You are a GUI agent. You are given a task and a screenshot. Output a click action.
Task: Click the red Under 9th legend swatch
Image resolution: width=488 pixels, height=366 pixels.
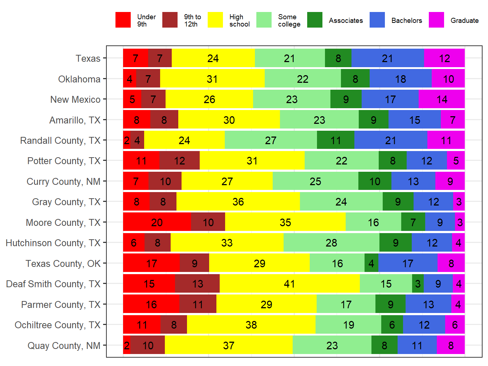point(123,20)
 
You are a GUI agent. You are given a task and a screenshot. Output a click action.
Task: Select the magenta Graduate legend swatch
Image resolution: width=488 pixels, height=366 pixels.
point(436,20)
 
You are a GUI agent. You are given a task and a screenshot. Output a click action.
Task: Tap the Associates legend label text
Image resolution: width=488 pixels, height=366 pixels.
point(346,21)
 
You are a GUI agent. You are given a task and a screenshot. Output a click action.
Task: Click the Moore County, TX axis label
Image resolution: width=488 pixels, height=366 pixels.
point(63,223)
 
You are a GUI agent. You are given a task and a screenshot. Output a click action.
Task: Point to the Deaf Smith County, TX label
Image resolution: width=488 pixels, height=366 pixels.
point(53,284)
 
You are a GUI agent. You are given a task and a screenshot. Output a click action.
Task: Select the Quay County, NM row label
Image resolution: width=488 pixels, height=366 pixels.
point(64,346)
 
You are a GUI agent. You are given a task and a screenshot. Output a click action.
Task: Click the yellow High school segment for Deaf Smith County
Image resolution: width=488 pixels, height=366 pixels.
point(289,284)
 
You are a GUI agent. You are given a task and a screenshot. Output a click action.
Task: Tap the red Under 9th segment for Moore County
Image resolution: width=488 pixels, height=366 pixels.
point(157,222)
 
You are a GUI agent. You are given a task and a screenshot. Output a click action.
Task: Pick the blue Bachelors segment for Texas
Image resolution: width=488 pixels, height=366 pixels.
point(387,58)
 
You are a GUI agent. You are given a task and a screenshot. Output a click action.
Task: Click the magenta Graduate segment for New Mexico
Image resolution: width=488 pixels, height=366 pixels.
point(442,99)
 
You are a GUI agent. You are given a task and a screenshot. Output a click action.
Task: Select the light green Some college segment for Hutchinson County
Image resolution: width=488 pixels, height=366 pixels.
point(331,243)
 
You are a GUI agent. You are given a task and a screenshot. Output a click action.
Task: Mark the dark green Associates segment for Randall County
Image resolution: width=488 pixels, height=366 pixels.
point(335,141)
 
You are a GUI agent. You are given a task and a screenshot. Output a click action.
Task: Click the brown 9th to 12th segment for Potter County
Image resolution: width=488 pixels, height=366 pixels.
point(179,161)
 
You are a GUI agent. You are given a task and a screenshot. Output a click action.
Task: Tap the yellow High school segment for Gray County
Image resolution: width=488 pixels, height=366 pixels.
point(238,202)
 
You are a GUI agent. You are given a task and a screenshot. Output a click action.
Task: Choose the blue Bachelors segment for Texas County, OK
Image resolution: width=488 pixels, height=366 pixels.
point(408,263)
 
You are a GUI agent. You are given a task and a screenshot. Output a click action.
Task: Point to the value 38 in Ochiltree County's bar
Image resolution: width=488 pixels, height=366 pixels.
point(251,325)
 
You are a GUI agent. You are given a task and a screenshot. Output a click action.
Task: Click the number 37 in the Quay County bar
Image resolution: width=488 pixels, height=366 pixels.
point(228,345)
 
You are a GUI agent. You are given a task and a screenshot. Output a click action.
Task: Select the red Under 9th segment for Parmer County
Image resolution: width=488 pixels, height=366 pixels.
point(151,304)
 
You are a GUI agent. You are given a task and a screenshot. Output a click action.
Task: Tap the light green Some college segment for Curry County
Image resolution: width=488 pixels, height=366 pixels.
point(315,181)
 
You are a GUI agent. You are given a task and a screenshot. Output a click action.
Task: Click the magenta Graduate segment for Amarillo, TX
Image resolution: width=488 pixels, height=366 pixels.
point(452,120)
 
